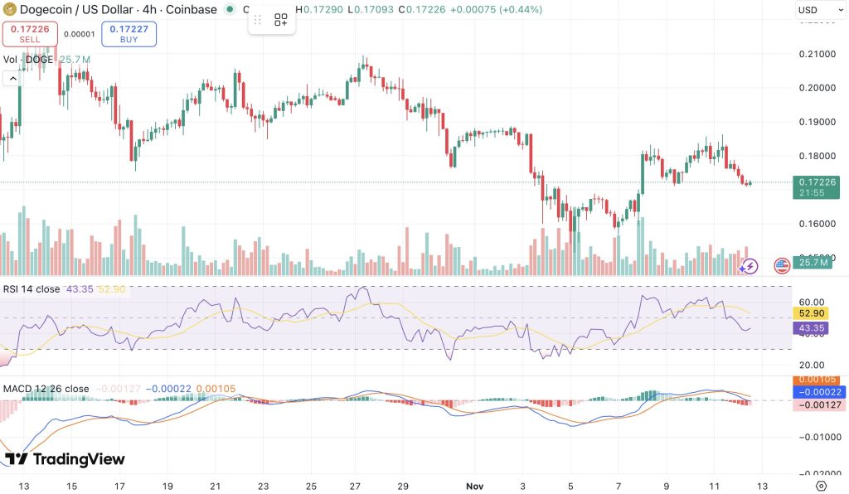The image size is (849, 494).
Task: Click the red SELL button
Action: coord(30,34)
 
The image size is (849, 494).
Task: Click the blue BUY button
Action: coord(129,34)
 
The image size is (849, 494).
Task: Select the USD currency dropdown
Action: coord(815,10)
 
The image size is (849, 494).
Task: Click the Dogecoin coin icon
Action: coord(11,10)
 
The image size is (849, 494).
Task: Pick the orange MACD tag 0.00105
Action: coord(816,380)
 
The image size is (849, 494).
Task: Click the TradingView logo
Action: coord(65,459)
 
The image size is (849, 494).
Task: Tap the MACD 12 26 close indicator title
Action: coord(46,388)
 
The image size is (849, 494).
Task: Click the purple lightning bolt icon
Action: coord(749,266)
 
